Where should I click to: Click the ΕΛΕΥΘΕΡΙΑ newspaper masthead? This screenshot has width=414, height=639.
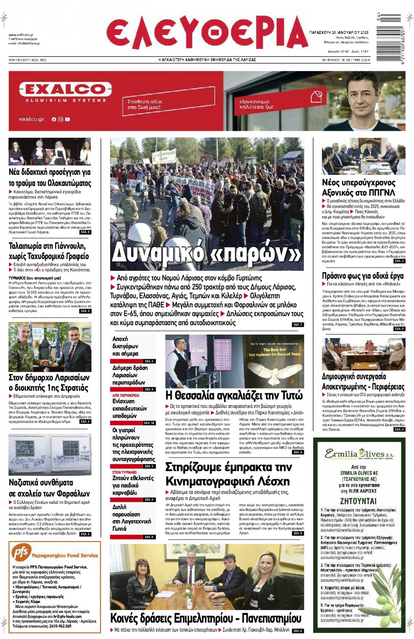point(207,33)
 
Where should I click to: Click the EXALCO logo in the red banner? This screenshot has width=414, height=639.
point(66,89)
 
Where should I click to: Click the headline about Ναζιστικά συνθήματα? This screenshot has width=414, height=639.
point(50,488)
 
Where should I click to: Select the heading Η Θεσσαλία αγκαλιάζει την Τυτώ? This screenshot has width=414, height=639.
point(234,395)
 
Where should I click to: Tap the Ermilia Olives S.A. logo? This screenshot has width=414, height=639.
point(359,454)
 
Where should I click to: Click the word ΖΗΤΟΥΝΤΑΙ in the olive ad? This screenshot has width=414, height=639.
point(358,501)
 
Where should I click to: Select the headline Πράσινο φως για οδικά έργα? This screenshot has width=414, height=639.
point(363,276)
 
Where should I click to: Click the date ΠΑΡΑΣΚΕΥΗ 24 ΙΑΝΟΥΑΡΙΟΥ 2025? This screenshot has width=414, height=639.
point(339,32)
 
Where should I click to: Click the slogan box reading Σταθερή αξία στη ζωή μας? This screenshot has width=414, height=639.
point(144,104)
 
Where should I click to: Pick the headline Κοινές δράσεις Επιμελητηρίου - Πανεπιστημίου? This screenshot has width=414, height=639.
point(206,618)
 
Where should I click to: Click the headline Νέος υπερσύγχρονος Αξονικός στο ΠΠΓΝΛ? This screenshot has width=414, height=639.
point(358,187)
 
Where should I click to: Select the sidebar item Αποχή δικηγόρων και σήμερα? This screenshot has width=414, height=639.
point(125,346)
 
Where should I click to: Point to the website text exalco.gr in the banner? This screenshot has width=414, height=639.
point(31,119)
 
